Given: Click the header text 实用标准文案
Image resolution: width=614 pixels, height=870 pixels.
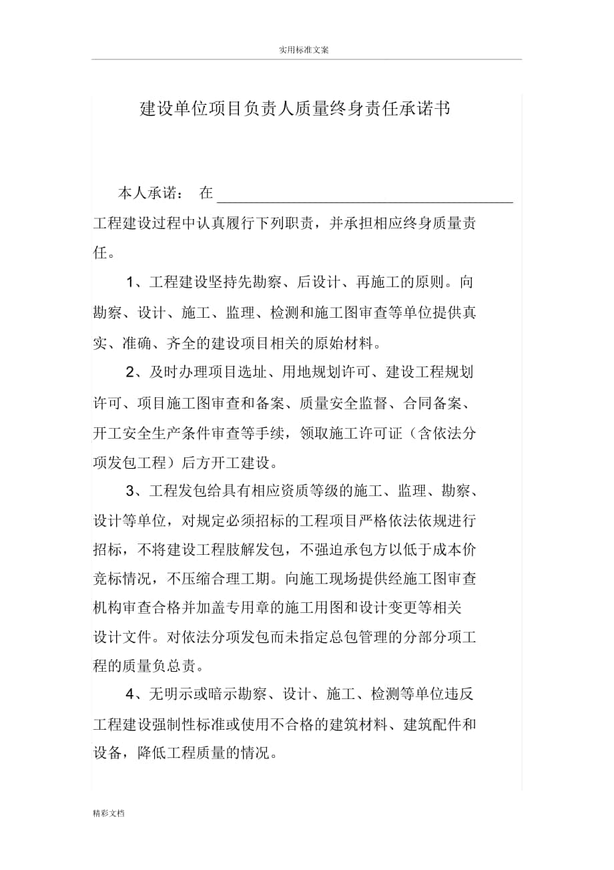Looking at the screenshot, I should coord(303,50).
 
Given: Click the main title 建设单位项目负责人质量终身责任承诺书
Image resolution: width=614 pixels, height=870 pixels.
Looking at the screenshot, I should coord(295,109).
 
